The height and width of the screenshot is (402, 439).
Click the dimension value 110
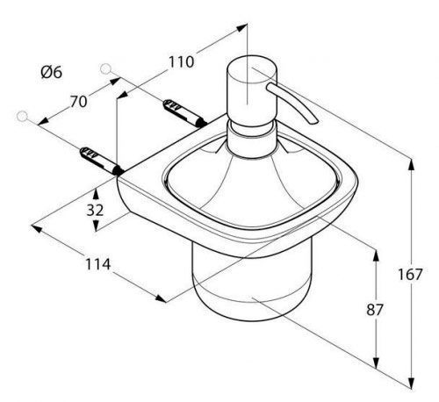click(181, 61)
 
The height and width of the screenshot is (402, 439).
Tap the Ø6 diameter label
click(52, 72)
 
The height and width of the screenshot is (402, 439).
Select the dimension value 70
click(78, 102)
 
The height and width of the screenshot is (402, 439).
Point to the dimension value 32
click(95, 210)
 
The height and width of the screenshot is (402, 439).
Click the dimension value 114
click(97, 264)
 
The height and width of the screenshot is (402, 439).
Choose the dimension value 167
click(410, 275)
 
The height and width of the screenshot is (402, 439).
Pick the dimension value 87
click(375, 310)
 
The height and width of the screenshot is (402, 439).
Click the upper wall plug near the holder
click(185, 113)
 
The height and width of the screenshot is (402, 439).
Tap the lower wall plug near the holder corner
click(102, 161)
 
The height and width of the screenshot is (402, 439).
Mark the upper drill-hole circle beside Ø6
click(105, 69)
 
